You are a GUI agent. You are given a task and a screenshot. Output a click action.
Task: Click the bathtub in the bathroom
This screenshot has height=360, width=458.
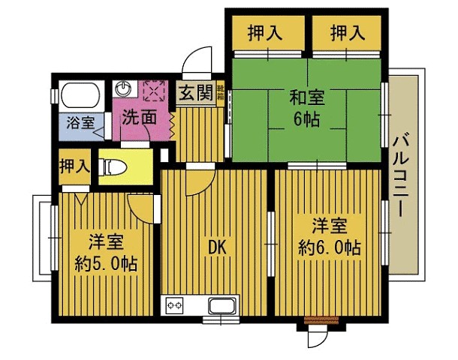coord(81,95)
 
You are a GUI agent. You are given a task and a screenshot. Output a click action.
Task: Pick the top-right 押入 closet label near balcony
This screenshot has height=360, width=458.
coord(346,33)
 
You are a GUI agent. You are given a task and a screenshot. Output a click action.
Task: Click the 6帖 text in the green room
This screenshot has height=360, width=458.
coord(306,119)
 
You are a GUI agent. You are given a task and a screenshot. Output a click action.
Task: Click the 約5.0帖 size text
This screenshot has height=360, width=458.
coord(106,264)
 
